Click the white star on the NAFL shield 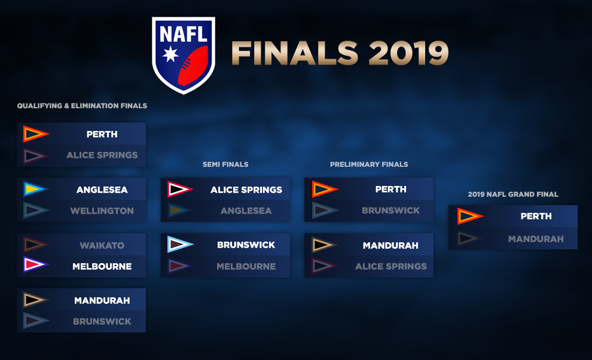coord(170,54)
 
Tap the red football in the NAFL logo coord(193,66)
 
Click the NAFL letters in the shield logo coord(184,34)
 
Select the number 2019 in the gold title coord(408,53)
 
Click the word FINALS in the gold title coord(295,53)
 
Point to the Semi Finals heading coord(225,164)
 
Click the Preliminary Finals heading coord(369,164)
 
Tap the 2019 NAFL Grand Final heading coord(512,194)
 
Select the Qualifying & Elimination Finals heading coord(82,106)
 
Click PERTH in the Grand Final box coord(536,216)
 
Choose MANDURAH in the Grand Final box coord(536,239)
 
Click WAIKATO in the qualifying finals coord(102,246)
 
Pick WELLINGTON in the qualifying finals coord(102,210)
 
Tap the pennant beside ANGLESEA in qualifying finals coord(36,189)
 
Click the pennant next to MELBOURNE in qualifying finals coord(36,264)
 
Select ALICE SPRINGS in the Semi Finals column coord(246,190)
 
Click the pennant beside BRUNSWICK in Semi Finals coord(180,245)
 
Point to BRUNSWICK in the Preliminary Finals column coord(390,210)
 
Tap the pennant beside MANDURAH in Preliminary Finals coord(324,245)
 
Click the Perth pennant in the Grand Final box coord(470,216)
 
